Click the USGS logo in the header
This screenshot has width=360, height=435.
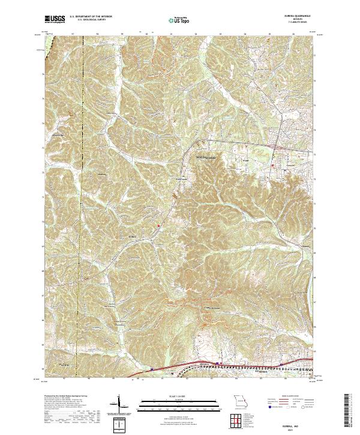point(54,20)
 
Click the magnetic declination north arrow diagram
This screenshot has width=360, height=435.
point(120,403)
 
